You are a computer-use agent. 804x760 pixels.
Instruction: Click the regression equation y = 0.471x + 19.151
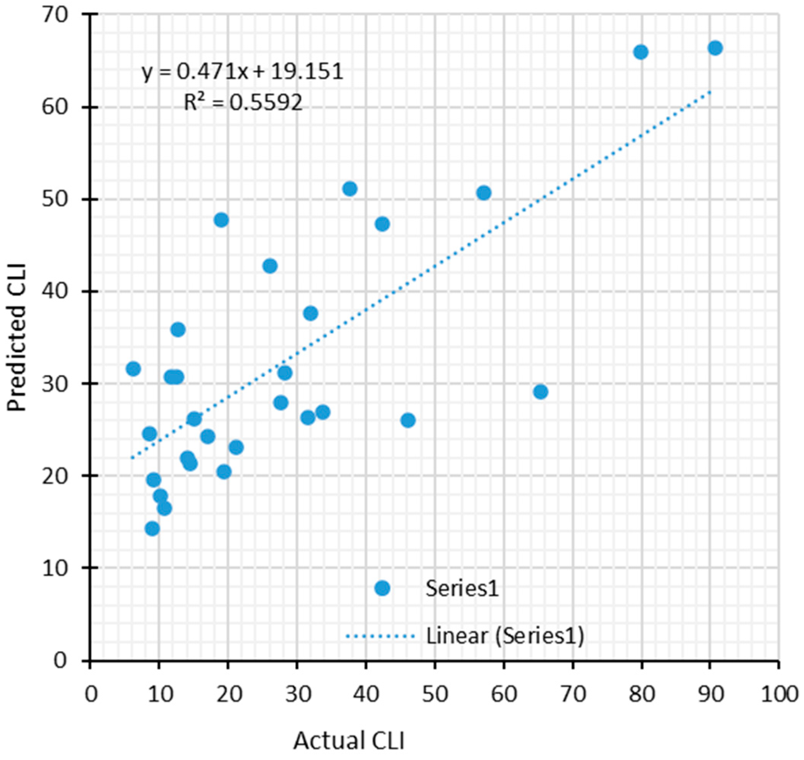[242, 73]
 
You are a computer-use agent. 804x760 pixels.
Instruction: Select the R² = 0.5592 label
[243, 103]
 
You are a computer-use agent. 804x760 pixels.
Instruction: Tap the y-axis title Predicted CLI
[17, 338]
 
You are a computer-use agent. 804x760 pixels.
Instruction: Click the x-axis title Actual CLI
[349, 741]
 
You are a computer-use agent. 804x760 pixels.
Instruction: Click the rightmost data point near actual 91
[715, 48]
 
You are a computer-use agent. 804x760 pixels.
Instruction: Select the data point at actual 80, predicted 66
[641, 52]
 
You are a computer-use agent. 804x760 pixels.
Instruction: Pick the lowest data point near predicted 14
[153, 528]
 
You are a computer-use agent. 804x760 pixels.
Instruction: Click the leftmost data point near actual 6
[133, 369]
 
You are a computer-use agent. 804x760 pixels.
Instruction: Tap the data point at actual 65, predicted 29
[541, 392]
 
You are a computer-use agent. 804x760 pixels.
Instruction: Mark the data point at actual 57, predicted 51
[484, 193]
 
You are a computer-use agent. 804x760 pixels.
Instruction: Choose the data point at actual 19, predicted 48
[221, 220]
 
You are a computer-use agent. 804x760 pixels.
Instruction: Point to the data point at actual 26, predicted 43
[270, 266]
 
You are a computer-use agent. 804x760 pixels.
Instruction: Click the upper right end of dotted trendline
[710, 92]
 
